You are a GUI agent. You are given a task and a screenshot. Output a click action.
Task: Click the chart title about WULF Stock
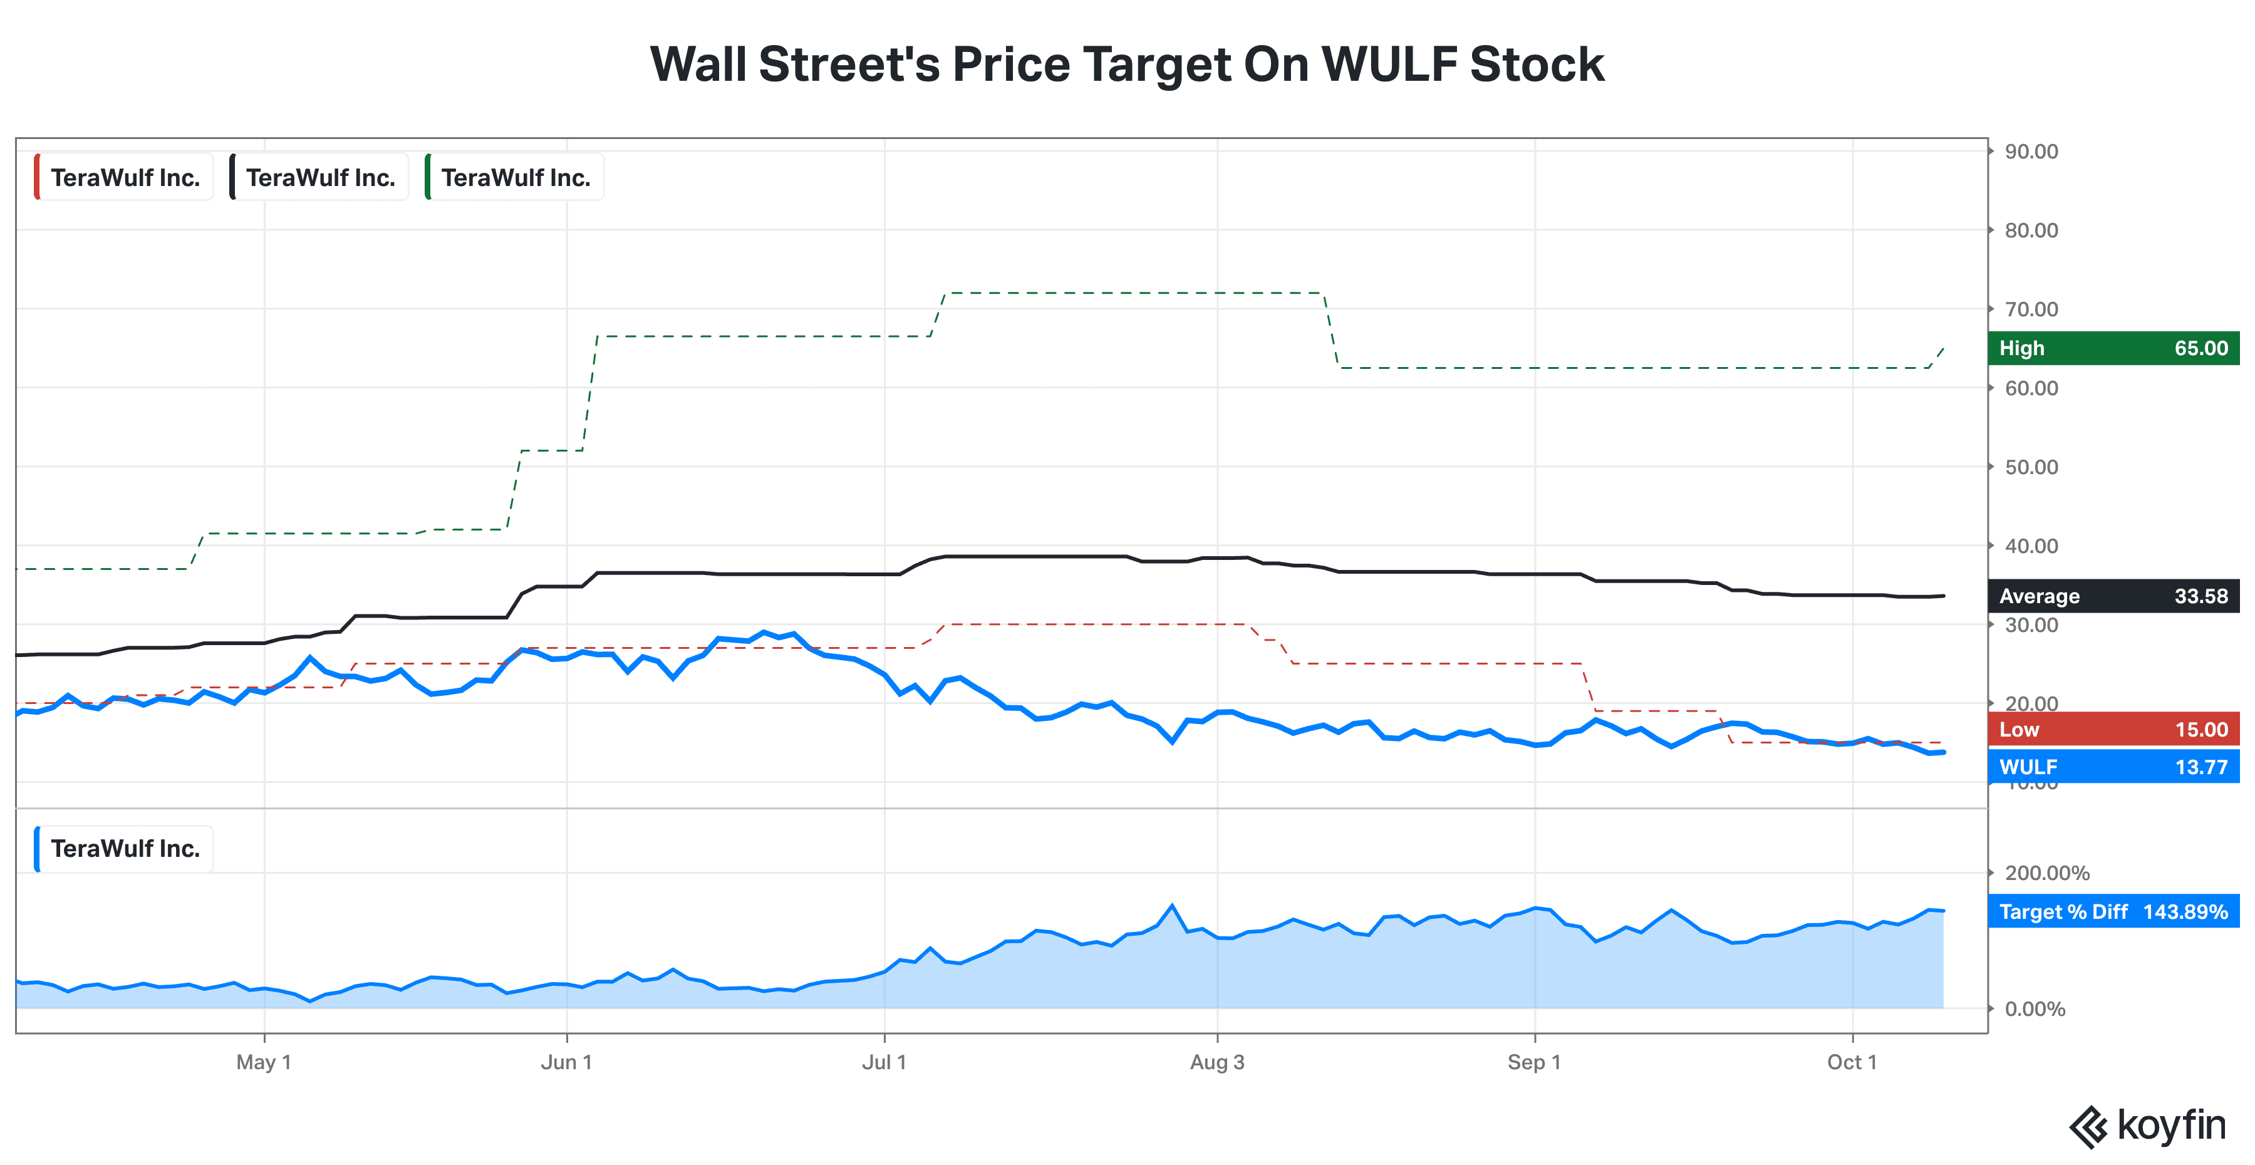point(1127,64)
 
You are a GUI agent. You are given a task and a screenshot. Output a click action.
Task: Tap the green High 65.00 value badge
point(2113,348)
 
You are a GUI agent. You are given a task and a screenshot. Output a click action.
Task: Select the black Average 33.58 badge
point(2113,596)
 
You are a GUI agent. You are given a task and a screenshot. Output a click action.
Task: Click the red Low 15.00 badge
point(2113,729)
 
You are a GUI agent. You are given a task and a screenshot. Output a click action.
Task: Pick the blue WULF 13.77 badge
point(2113,767)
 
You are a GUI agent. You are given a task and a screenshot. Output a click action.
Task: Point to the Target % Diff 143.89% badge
point(2113,911)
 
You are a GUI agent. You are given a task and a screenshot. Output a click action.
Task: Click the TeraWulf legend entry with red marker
point(123,178)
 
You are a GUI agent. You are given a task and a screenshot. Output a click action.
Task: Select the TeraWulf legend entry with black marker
point(319,178)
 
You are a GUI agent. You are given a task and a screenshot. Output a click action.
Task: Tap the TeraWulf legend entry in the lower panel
point(123,848)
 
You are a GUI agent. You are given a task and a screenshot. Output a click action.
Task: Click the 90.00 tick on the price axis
point(2031,152)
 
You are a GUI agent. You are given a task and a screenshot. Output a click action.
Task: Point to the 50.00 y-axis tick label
point(2031,467)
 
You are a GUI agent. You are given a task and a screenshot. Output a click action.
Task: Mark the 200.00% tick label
point(2046,872)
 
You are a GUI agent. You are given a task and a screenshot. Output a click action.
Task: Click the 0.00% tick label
point(2035,1009)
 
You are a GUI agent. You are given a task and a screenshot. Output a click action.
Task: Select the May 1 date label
point(264,1062)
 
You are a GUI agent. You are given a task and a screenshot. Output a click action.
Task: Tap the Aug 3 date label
point(1217,1062)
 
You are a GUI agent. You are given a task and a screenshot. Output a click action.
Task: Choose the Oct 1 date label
point(1852,1062)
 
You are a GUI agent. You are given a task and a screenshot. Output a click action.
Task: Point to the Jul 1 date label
point(884,1062)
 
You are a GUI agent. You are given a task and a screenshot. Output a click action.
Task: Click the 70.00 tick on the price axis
point(2031,309)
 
